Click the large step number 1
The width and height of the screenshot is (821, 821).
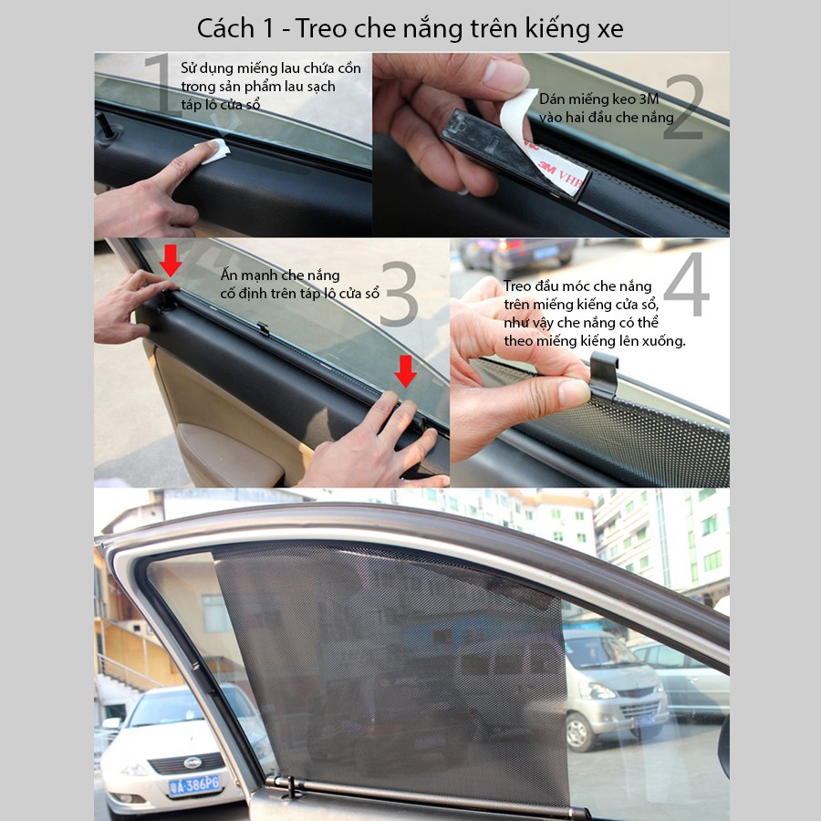160,84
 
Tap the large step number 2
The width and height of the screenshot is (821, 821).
684,107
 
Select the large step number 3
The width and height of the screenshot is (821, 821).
399,294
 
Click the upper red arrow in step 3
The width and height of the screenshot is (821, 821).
171,260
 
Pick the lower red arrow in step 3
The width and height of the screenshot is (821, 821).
405,371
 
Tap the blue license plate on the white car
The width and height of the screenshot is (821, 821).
195,785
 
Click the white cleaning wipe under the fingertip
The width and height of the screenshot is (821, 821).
213,151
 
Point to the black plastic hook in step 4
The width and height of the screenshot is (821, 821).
603,374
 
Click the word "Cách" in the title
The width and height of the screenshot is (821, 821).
225,28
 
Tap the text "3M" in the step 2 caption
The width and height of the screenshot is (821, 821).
649,99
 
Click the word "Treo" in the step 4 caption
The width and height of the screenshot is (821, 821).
517,286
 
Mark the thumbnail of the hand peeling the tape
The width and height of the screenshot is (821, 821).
551,144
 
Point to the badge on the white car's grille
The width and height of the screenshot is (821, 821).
192,763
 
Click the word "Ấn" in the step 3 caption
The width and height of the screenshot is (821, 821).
229,275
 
